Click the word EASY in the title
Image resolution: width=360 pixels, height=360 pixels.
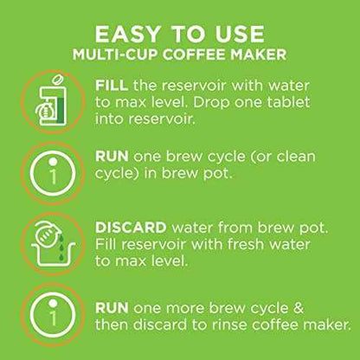click(127, 35)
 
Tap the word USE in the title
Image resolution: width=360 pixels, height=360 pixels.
click(240, 35)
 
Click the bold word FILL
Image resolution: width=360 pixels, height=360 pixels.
click(112, 86)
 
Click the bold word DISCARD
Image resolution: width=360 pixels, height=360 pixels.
click(131, 228)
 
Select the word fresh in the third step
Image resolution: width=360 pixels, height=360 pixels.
click(246, 244)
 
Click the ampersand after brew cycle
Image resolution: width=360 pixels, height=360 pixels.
click(299, 308)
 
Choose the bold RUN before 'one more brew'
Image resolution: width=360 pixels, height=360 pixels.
click(112, 308)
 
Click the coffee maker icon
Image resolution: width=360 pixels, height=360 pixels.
click(51, 101)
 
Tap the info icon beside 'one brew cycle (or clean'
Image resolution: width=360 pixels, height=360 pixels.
click(53, 173)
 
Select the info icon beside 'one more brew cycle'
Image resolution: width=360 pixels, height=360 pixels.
click(53, 315)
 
